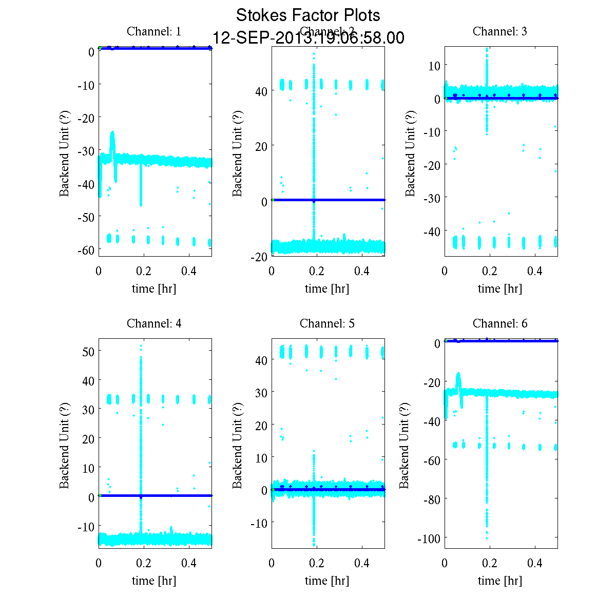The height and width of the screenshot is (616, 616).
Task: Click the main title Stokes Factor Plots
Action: [x=308, y=15]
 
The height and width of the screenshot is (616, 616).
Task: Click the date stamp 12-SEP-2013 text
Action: [x=308, y=38]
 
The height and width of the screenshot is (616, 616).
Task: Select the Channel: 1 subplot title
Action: [x=154, y=31]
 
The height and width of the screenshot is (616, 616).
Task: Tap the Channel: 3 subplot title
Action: [x=499, y=31]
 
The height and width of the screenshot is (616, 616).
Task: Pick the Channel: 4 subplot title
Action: [x=154, y=323]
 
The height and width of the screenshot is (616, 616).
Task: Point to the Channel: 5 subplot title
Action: [x=327, y=323]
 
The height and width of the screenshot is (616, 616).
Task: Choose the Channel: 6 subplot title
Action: [x=499, y=323]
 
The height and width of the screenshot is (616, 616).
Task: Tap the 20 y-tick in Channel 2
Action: [x=261, y=146]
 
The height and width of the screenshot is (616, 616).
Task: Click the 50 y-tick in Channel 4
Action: [x=88, y=352]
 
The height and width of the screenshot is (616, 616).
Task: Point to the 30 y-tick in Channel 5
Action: [x=261, y=392]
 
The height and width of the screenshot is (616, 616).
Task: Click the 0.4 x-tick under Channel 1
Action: [x=189, y=272]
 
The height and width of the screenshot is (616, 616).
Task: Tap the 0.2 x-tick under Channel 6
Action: [x=490, y=564]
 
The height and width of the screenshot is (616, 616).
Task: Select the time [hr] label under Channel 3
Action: [x=499, y=288]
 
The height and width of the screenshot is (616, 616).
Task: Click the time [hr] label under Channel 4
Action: [x=154, y=581]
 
